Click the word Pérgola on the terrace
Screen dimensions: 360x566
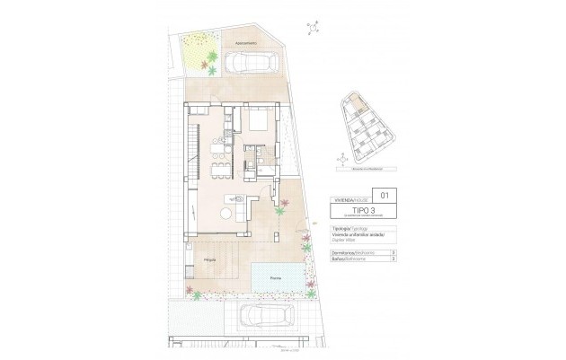click(x=208, y=260)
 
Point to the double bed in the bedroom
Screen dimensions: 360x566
click(x=258, y=122)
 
